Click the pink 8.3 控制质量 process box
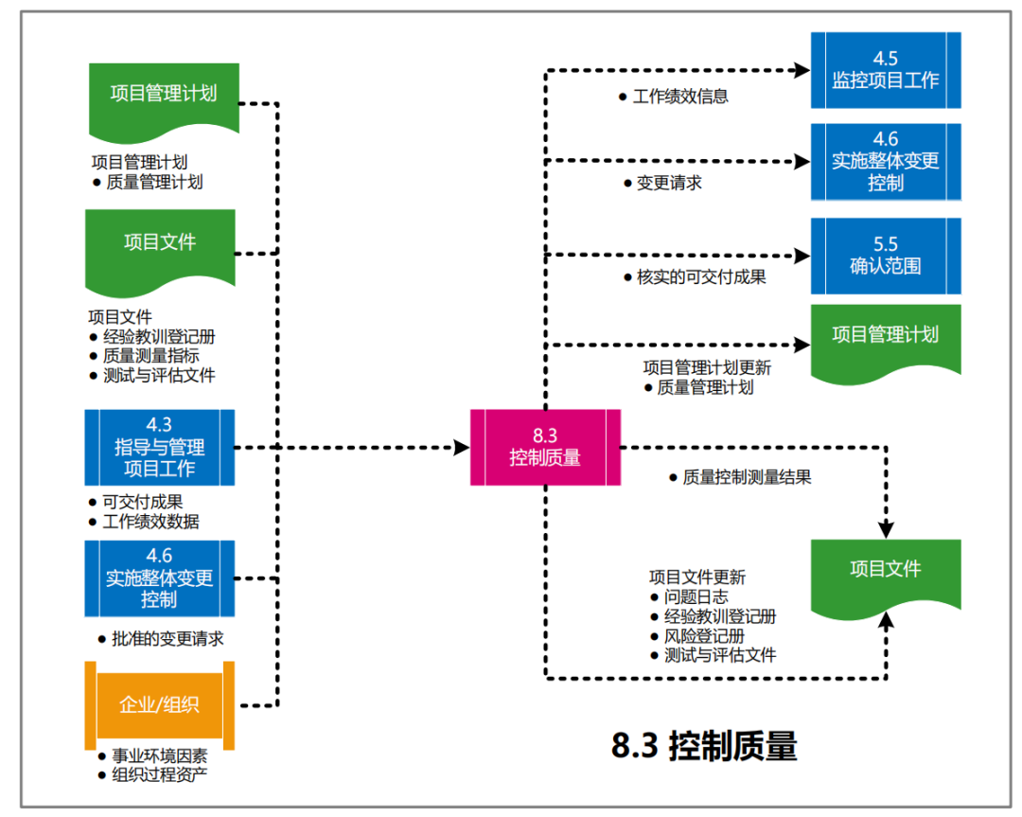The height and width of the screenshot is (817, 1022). tap(545, 447)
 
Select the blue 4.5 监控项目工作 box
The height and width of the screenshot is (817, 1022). tap(886, 70)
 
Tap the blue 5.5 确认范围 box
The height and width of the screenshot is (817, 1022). tap(886, 256)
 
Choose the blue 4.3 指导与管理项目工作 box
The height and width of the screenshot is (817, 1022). tap(159, 447)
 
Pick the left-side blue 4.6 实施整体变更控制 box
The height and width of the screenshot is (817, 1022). tap(159, 577)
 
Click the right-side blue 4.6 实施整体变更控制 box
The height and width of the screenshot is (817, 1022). tap(886, 161)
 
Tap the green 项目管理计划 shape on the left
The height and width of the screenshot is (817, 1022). tap(163, 95)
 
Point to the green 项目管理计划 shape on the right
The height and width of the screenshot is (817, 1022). tap(886, 338)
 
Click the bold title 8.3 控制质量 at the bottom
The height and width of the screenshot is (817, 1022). tap(704, 747)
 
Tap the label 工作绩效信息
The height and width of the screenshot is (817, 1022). tap(679, 97)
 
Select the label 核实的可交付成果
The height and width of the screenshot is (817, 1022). tap(701, 277)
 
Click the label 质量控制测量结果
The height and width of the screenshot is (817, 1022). tap(747, 478)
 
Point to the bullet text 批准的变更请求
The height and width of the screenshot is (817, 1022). tap(167, 639)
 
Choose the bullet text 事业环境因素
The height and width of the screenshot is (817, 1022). tap(160, 756)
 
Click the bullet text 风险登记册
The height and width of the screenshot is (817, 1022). tap(704, 636)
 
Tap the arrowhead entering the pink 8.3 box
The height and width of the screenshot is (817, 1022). tap(461, 447)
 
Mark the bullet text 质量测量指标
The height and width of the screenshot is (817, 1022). tap(151, 356)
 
